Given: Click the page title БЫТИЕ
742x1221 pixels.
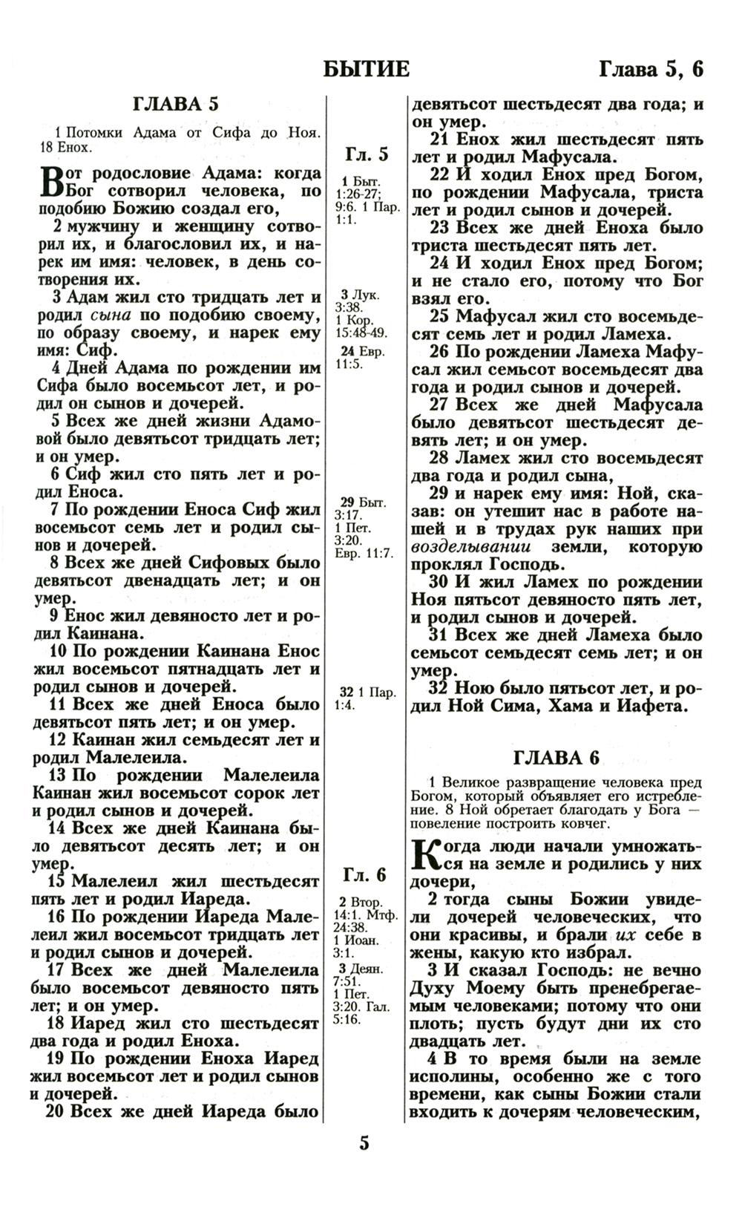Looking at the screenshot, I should click(367, 68).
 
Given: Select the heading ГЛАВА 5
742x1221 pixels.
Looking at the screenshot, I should click(175, 104).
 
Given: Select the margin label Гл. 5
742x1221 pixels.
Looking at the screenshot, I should click(367, 154).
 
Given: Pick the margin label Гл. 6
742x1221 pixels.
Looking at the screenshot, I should click(365, 875).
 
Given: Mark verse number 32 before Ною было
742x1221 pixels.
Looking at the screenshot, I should click(439, 687).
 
